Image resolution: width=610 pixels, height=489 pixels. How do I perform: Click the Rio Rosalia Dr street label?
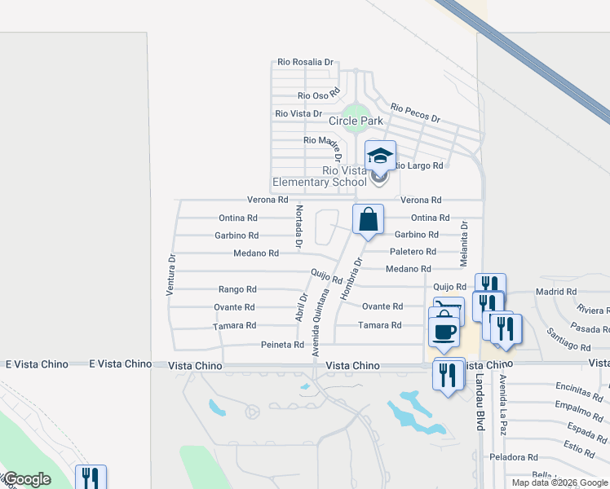[x=306, y=62]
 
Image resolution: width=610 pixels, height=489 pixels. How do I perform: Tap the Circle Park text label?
[x=356, y=121]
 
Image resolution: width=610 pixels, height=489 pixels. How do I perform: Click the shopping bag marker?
[x=368, y=218]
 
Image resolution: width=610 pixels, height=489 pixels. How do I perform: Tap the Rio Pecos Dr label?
[x=415, y=113]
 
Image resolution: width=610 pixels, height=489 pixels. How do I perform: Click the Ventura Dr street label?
[x=171, y=275]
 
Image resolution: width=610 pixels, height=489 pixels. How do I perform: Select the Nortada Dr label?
[x=298, y=227]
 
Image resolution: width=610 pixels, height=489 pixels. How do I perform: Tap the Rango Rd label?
[x=237, y=289]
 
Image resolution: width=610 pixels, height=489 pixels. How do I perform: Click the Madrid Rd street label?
[x=555, y=291]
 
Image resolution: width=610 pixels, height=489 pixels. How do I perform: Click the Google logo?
[x=26, y=479]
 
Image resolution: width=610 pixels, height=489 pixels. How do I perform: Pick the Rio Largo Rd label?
[x=418, y=165]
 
